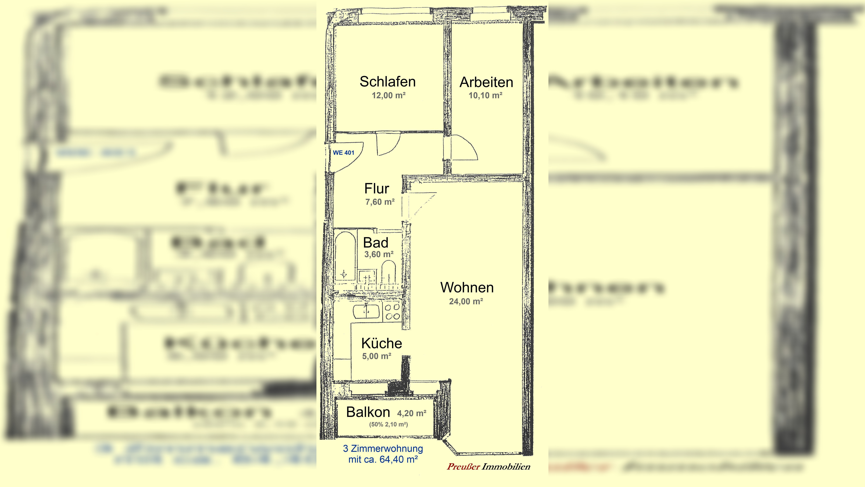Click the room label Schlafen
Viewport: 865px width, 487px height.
click(x=388, y=82)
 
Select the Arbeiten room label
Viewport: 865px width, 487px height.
click(x=486, y=82)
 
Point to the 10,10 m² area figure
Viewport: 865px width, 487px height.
click(x=486, y=95)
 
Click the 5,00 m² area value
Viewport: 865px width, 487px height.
click(x=376, y=356)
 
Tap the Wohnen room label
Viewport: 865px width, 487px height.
click(x=467, y=288)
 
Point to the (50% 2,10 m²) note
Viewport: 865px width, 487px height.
click(x=389, y=424)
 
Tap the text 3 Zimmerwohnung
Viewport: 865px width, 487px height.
click(x=383, y=449)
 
